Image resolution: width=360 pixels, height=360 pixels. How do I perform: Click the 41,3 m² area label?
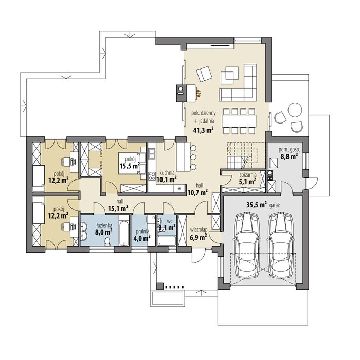[203, 130]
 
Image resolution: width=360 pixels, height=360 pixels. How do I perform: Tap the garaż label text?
[274, 206]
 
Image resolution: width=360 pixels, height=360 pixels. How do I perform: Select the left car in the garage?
[246, 245]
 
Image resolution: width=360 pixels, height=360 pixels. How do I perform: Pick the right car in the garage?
[281, 245]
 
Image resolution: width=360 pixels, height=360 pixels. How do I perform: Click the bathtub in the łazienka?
[124, 231]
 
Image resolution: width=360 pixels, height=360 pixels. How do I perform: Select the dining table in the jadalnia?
[239, 121]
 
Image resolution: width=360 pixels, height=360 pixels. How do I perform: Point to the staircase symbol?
[242, 155]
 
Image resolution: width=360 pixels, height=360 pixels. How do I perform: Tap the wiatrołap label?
[199, 229]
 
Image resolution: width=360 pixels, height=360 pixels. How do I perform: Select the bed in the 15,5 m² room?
[132, 163]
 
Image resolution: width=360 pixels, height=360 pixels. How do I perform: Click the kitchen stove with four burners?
[152, 176]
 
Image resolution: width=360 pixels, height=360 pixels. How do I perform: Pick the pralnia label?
[142, 231]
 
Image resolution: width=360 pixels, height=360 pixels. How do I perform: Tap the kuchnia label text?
[167, 173]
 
